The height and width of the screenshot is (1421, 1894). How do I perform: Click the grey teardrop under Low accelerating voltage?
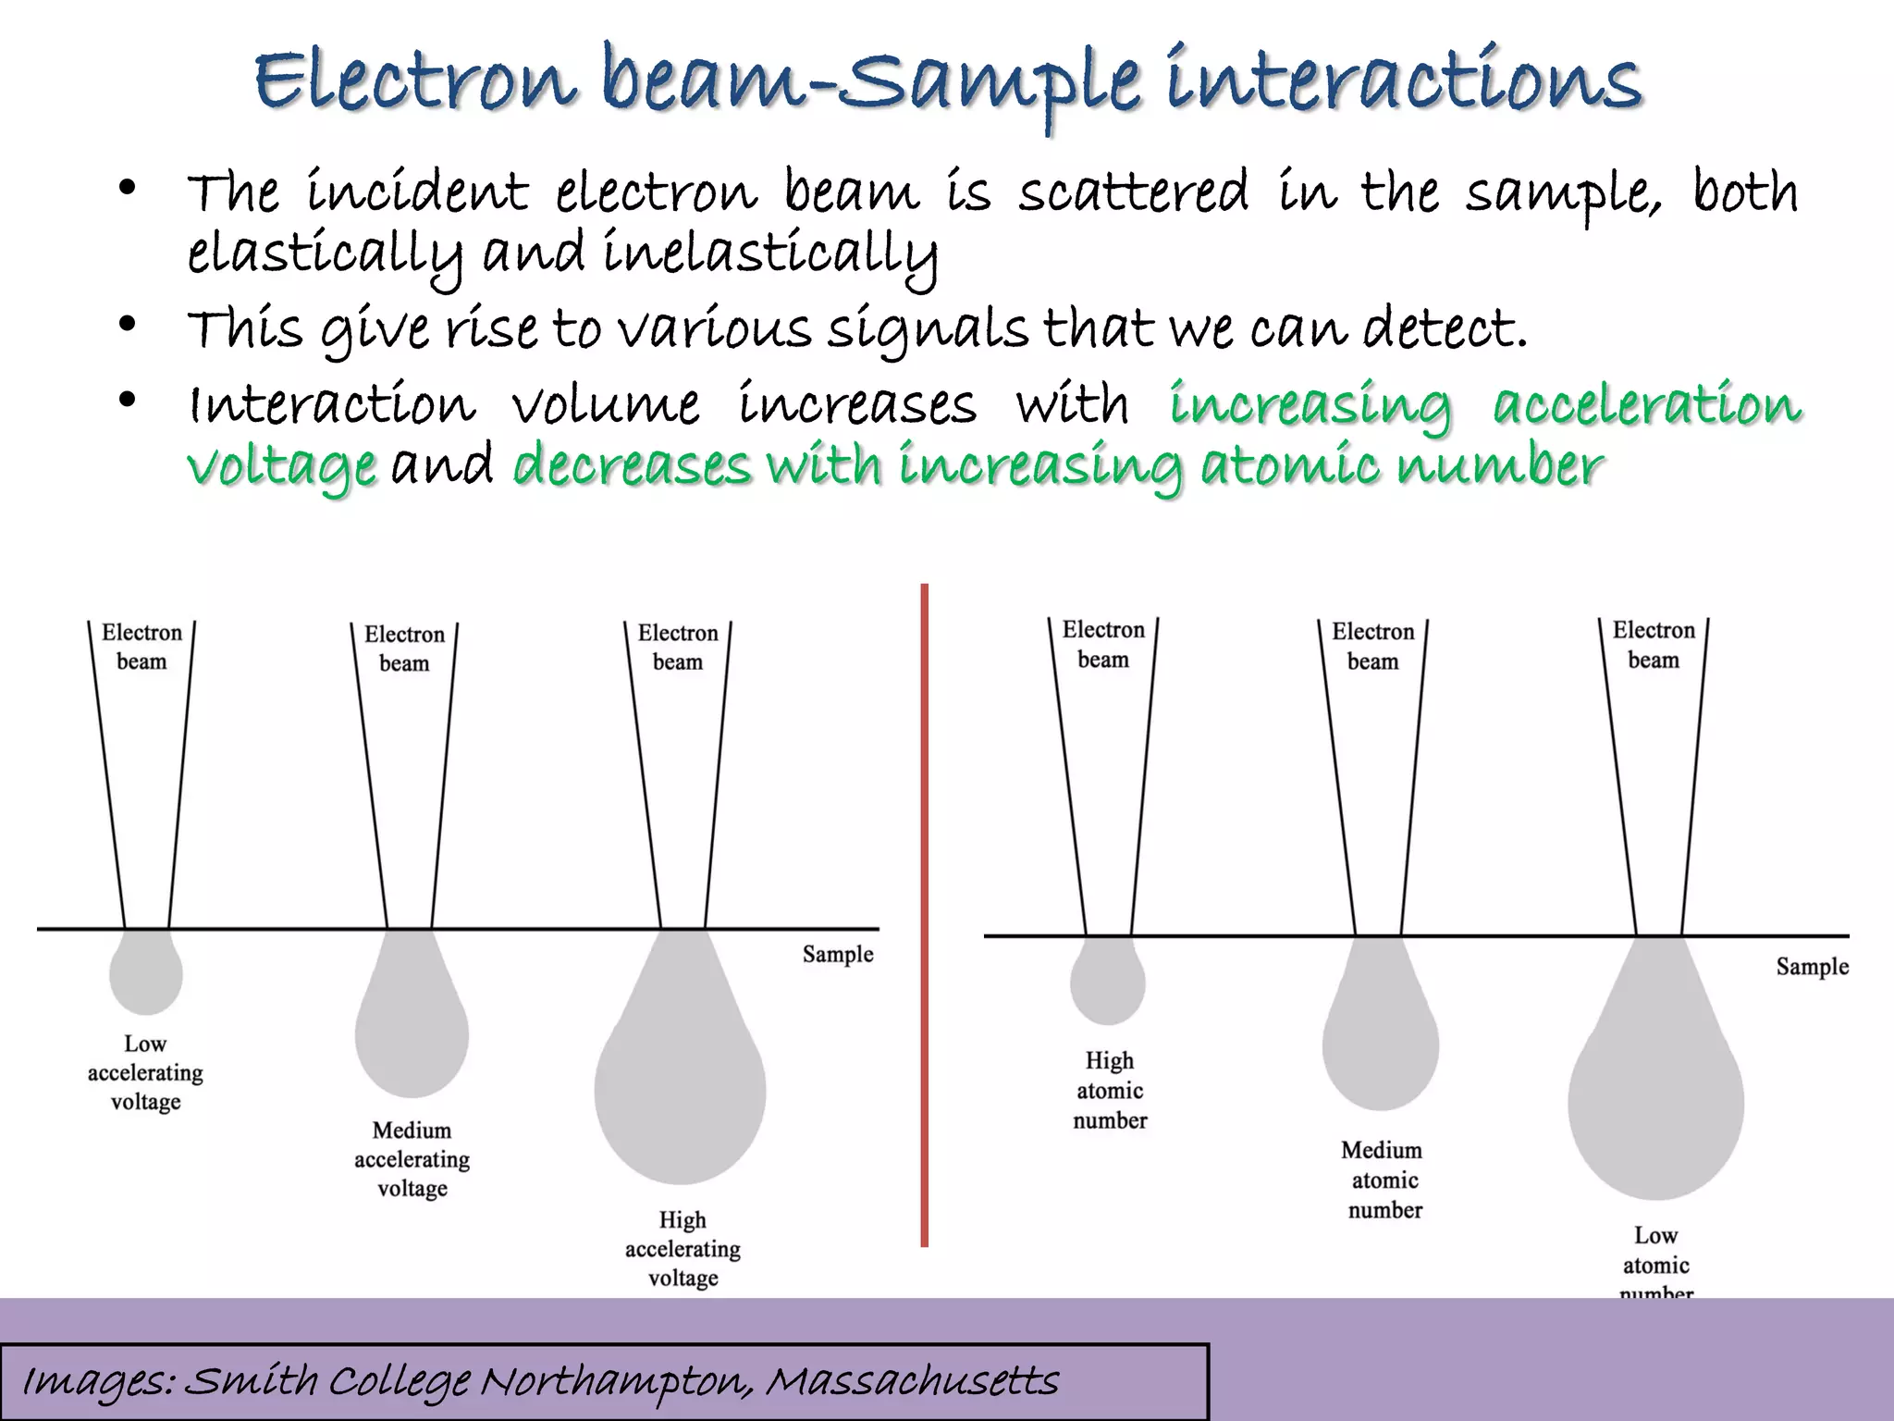(145, 973)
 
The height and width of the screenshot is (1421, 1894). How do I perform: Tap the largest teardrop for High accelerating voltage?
(681, 1082)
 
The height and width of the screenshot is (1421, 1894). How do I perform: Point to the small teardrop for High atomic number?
(1107, 982)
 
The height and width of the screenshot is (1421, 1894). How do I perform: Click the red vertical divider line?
(924, 916)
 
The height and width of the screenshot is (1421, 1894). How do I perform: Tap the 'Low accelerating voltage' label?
(145, 1073)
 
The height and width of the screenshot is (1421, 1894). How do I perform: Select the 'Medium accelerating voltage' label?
(412, 1159)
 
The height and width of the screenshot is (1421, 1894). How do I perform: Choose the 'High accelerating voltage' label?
(683, 1249)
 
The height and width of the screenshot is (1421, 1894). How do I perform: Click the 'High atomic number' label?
(1110, 1091)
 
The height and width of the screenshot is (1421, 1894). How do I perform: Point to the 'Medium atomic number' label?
(1384, 1180)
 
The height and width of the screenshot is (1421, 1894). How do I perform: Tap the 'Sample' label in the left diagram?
(837, 954)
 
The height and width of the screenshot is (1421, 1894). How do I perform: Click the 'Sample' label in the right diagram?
(1812, 967)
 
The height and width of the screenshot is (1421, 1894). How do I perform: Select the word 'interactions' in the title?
(1403, 80)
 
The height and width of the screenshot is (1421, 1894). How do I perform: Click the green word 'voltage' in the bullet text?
(281, 465)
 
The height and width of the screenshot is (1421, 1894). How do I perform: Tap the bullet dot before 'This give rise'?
(128, 324)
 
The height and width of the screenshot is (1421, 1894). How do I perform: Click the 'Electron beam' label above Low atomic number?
(1654, 645)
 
